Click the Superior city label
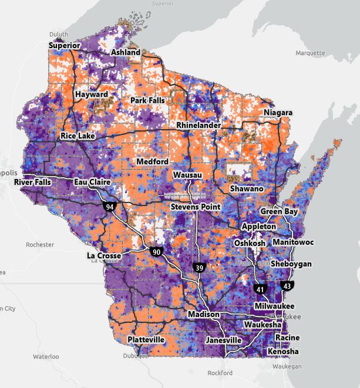click(x=65, y=45)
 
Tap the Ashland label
click(x=126, y=52)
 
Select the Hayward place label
click(x=91, y=95)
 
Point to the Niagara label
click(x=278, y=112)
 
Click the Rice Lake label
click(x=78, y=136)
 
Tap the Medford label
click(x=152, y=161)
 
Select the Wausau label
click(x=188, y=175)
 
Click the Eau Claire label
click(x=92, y=183)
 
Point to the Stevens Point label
click(x=196, y=207)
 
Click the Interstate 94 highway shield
click(x=109, y=207)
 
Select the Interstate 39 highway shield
click(x=198, y=267)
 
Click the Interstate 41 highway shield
click(x=260, y=288)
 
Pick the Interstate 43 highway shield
click(x=287, y=286)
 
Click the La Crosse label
click(x=104, y=256)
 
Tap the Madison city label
click(x=204, y=315)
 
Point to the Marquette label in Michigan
click(x=310, y=53)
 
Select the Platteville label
click(x=146, y=340)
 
